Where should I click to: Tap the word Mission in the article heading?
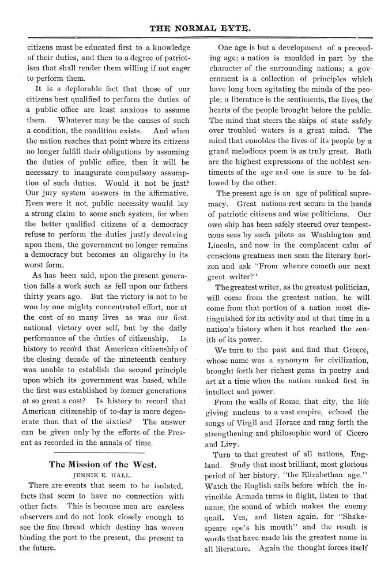click(86, 464)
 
